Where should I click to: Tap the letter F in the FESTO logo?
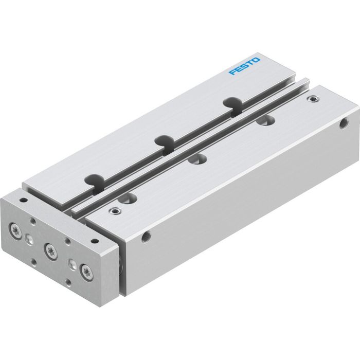coord(232,75)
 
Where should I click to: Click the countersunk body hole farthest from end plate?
coord(266,121)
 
